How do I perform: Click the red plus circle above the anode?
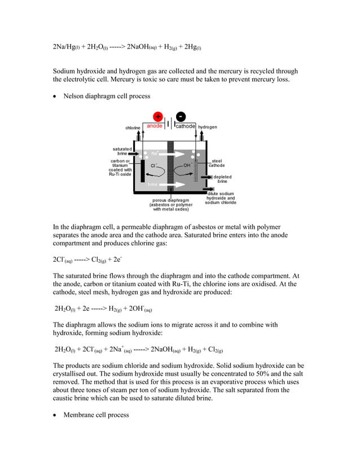[157, 117]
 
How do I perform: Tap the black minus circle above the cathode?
[180, 117]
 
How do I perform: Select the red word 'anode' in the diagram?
[155, 126]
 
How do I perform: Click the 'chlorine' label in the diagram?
[133, 128]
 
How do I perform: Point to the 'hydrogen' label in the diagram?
[208, 128]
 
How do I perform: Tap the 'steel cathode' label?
[217, 163]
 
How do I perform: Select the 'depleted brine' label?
[222, 179]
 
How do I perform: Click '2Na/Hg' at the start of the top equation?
[64, 47]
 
